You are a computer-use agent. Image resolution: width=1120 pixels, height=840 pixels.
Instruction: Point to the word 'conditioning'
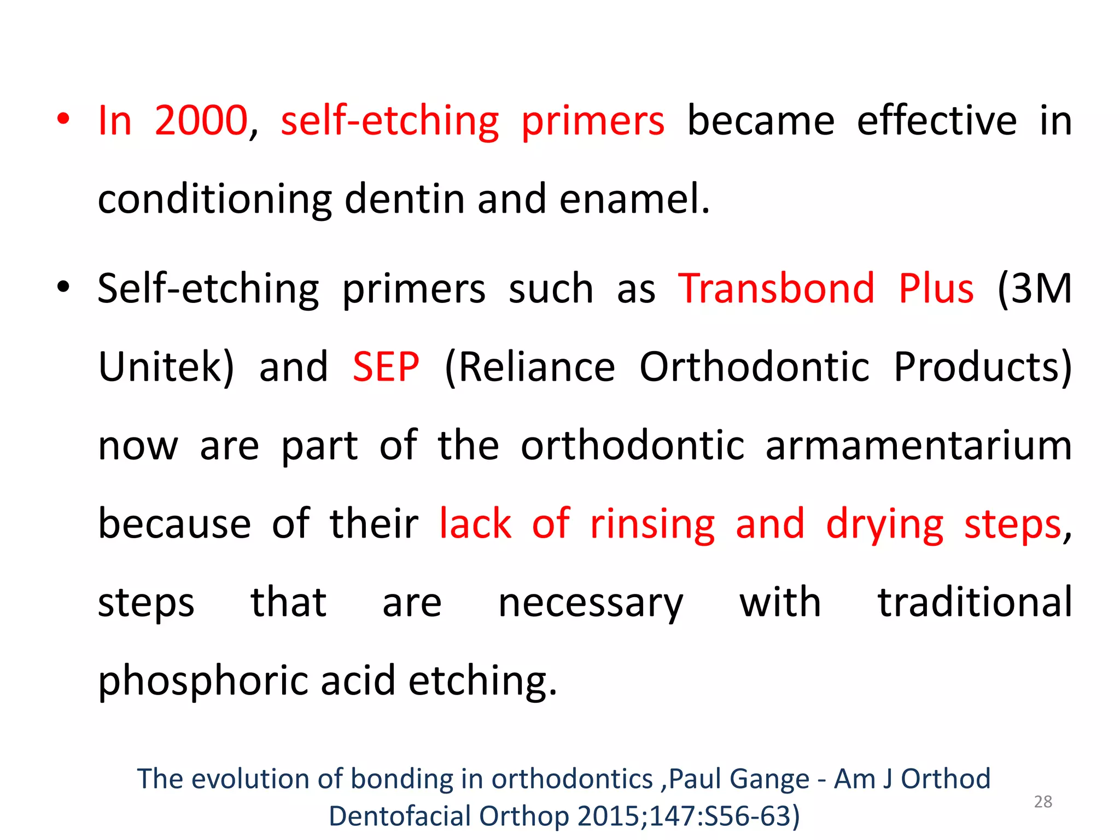click(215, 200)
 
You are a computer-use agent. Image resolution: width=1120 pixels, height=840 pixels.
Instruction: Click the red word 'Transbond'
click(777, 288)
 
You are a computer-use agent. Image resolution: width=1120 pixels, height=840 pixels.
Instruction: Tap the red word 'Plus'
click(936, 288)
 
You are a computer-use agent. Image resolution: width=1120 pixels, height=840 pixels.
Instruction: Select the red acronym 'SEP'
click(386, 367)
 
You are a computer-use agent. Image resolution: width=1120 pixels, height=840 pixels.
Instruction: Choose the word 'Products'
click(982, 367)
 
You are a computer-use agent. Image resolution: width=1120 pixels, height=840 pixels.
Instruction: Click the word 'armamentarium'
click(918, 446)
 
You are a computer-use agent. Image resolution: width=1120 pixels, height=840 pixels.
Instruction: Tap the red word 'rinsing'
click(652, 524)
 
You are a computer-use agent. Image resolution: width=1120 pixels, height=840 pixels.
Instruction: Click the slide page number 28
click(1043, 802)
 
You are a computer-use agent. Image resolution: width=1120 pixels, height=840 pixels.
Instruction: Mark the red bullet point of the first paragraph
click(63, 120)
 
